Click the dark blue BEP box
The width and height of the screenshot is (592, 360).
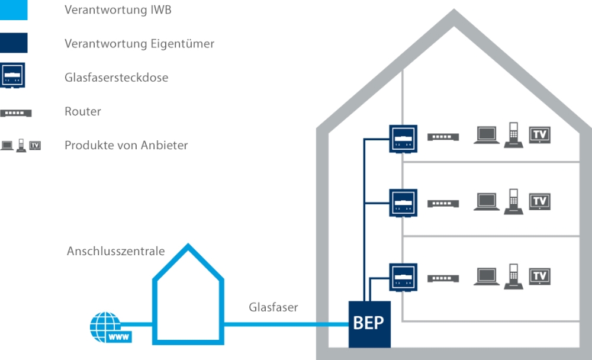369,323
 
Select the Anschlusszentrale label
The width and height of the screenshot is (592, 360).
115,251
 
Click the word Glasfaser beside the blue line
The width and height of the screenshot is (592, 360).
273,307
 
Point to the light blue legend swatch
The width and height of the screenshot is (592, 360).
14,10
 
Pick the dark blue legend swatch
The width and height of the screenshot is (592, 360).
14,43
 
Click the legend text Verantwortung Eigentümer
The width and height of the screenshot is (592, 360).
139,44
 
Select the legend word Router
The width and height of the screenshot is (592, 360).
83,111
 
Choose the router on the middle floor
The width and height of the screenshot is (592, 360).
443,203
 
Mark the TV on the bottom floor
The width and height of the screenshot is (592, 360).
539,276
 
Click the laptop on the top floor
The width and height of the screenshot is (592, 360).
485,136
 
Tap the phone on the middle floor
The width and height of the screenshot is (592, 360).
513,201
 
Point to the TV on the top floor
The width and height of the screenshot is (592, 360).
539,134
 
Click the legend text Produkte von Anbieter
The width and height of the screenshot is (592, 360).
126,145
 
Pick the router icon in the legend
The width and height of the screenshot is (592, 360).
15,112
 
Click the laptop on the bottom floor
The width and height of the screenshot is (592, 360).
485,277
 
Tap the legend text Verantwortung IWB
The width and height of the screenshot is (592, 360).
118,10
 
